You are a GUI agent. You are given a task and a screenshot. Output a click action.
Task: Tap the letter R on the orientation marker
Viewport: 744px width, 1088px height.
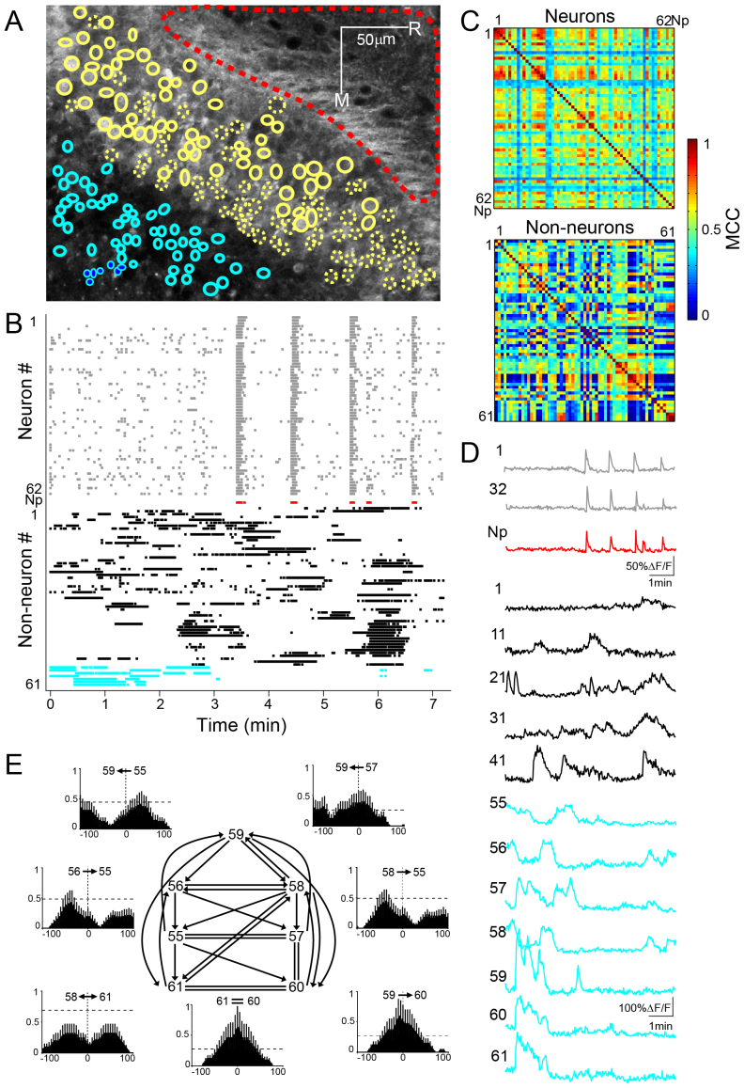(x=412, y=28)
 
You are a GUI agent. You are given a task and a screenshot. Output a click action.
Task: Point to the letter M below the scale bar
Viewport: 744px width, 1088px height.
(x=342, y=97)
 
